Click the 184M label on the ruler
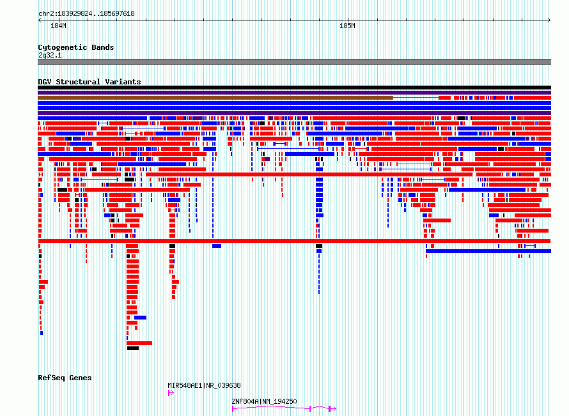click(58, 26)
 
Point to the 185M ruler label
click(347, 26)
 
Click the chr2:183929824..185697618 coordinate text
click(86, 14)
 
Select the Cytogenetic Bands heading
click(76, 47)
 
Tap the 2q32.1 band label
click(50, 55)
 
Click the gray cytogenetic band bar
click(294, 62)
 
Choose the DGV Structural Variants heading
click(90, 82)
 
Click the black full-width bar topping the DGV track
click(294, 88)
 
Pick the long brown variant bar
click(215, 98)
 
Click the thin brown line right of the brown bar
click(416, 98)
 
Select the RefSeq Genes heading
click(65, 378)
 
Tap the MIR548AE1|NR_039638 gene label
click(204, 385)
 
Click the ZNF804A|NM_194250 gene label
click(264, 401)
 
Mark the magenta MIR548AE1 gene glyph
click(171, 393)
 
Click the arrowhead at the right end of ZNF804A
click(334, 409)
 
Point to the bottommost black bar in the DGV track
click(133, 348)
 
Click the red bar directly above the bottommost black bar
click(139, 343)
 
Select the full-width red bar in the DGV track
click(294, 241)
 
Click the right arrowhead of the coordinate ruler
click(549, 20)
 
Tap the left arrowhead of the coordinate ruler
click(40, 20)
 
